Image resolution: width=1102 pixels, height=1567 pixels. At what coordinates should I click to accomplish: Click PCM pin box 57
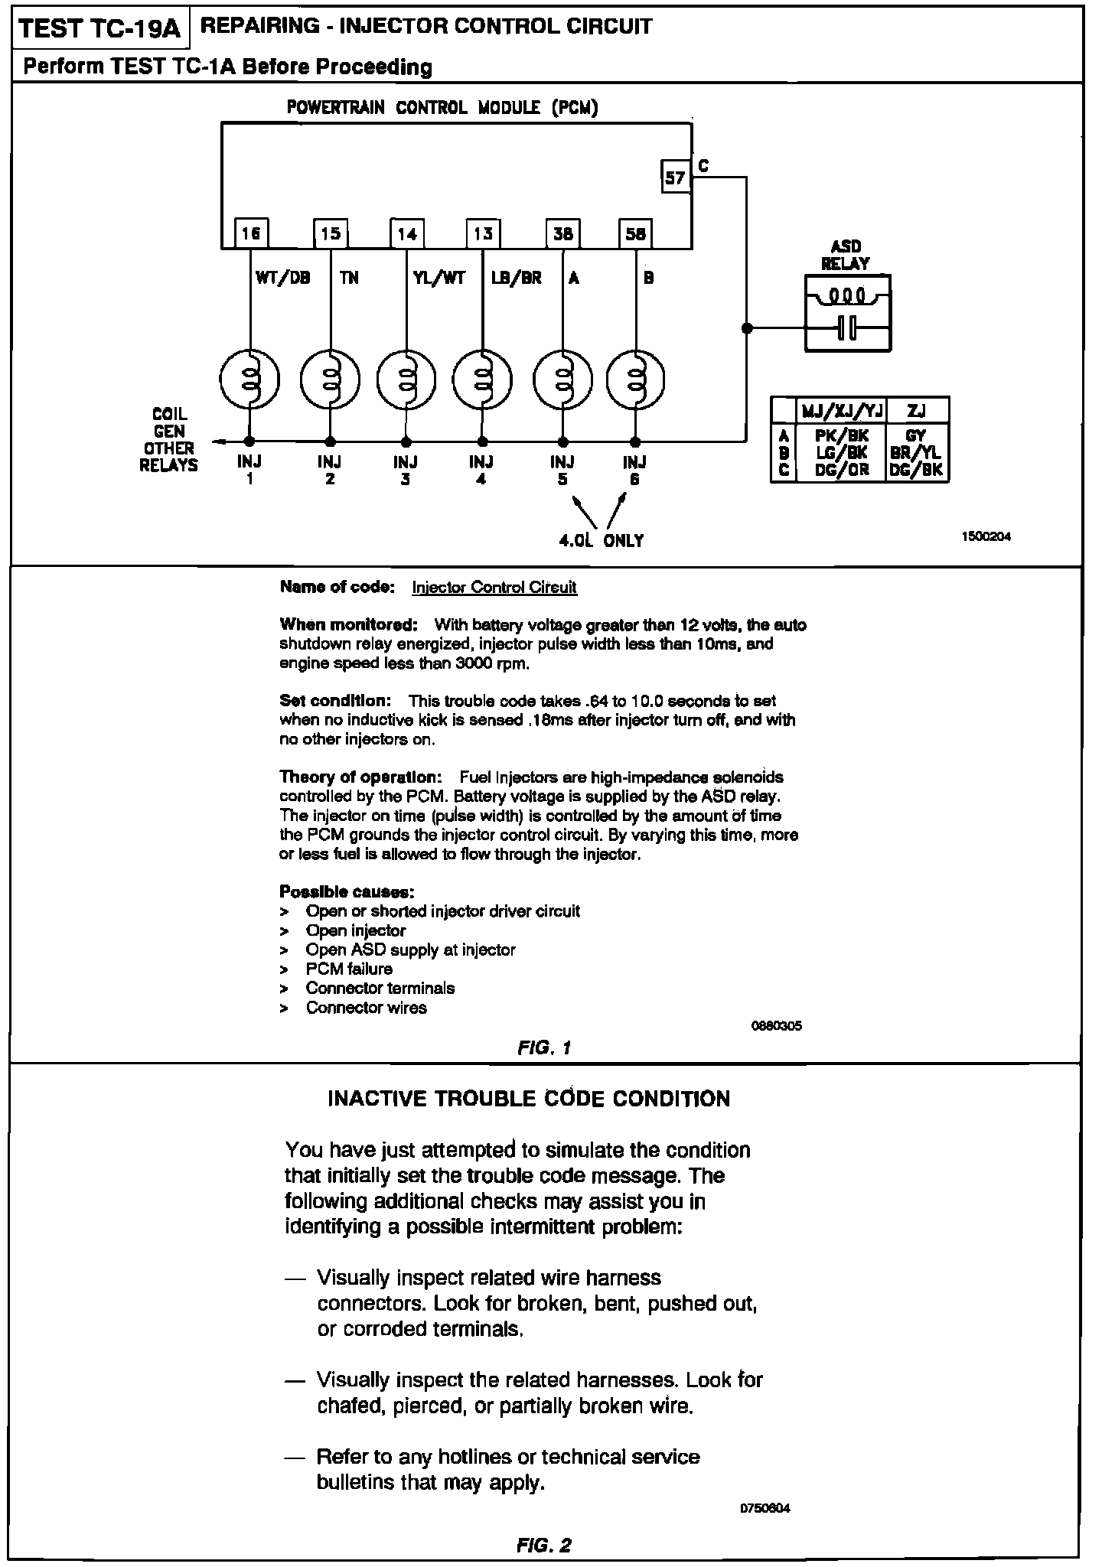click(x=674, y=178)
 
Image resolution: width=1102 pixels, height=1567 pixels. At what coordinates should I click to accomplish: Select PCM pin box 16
click(x=250, y=233)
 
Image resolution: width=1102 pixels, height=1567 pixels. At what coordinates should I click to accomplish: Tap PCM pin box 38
click(x=562, y=233)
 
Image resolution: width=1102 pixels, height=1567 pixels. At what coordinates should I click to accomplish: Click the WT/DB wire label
click(x=283, y=279)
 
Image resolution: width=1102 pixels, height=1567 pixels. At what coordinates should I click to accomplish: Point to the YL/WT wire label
click(x=439, y=279)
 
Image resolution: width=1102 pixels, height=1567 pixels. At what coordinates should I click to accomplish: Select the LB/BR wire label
click(x=517, y=279)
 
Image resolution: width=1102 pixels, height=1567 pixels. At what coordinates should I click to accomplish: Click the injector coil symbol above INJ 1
click(x=249, y=380)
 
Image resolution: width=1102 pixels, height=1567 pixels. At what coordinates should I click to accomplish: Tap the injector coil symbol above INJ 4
click(x=482, y=380)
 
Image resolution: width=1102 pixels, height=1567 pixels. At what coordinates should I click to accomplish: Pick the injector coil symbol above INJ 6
click(x=635, y=380)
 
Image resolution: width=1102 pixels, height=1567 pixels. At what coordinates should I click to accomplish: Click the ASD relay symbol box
click(x=848, y=313)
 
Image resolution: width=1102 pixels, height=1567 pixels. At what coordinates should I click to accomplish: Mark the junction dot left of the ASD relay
click(x=747, y=328)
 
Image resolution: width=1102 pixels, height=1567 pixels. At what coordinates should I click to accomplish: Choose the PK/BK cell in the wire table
click(x=841, y=435)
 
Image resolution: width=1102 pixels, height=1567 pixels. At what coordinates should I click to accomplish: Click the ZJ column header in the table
click(x=916, y=412)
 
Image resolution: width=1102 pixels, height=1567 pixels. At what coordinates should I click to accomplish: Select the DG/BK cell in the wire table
click(x=917, y=470)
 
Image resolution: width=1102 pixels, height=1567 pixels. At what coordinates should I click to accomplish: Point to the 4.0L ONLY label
click(x=602, y=540)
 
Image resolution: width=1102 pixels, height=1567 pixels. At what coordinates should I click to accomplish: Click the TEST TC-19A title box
click(x=99, y=28)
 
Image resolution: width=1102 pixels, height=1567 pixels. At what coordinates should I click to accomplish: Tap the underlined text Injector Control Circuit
click(x=494, y=587)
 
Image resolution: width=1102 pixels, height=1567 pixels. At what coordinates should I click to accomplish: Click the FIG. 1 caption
click(x=544, y=1047)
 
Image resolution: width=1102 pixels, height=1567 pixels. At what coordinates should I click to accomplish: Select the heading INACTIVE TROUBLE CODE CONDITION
click(x=529, y=1099)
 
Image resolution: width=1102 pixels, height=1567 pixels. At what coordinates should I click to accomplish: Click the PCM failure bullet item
click(x=349, y=969)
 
